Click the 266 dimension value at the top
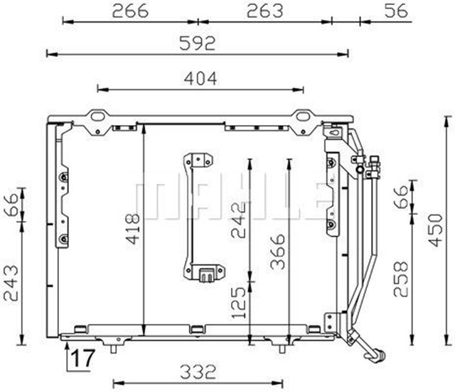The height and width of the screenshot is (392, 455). [130, 11]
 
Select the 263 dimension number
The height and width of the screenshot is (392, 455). [264, 11]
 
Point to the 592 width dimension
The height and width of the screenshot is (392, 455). [197, 43]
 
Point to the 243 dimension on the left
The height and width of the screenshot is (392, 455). [11, 283]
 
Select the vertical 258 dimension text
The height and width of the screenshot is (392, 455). [401, 279]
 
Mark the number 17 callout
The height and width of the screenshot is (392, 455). [81, 359]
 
